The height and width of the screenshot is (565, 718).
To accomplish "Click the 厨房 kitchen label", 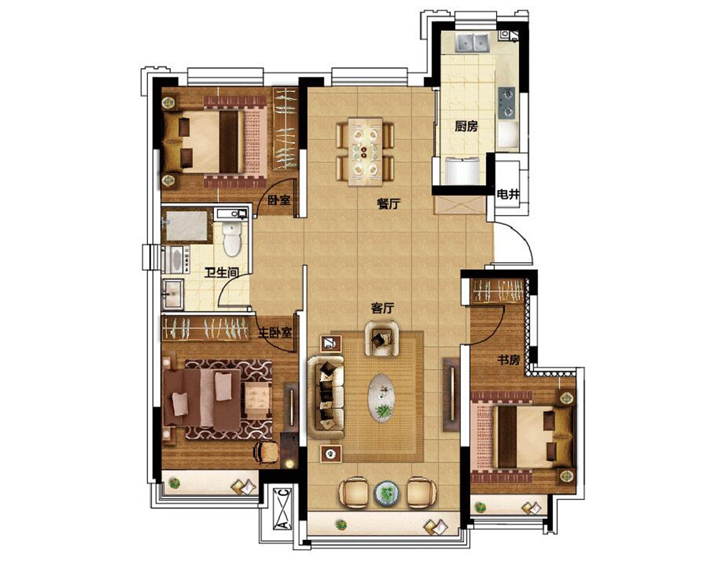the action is pos(466,126).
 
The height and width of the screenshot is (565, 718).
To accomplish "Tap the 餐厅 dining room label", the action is pos(388,204).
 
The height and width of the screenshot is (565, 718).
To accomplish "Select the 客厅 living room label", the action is pos(383,309).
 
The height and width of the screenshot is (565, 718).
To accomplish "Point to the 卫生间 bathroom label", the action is pos(222,273).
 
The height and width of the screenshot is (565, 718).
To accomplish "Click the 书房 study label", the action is pos(508,360).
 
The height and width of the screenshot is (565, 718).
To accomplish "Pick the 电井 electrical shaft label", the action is pos(508,195).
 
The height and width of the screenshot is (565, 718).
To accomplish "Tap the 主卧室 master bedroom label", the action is pos(275,332).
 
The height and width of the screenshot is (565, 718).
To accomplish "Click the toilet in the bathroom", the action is pos(232,238).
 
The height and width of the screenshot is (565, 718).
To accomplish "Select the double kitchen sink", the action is pos(472,42).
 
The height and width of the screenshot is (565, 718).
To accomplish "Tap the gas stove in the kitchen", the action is pos(506,103).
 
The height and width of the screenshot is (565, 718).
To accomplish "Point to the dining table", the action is pos(365,151).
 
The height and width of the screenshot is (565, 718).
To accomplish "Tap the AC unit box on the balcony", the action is pos(283,509).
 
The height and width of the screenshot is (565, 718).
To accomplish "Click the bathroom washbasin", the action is pos(173,294).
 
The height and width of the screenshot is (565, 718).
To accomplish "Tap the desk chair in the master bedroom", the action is pos(266,452).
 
